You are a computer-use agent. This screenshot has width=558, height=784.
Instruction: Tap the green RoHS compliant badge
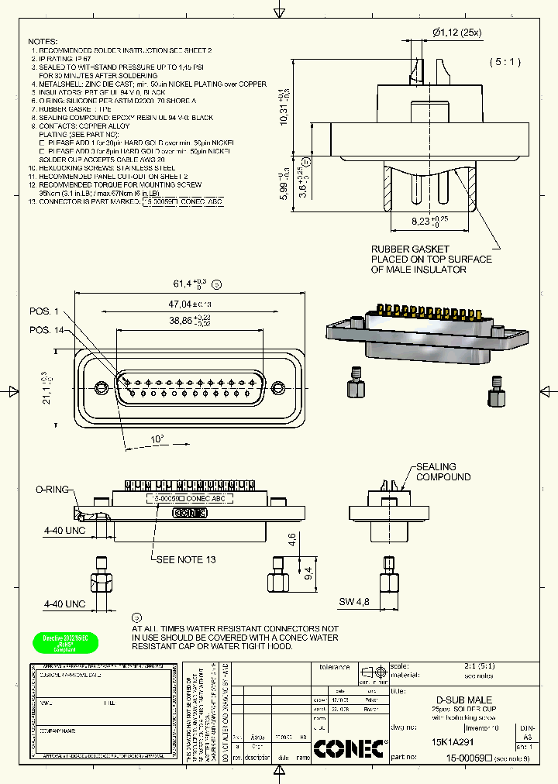(x=65, y=642)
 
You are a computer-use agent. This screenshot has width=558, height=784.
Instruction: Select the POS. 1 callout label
(x=43, y=311)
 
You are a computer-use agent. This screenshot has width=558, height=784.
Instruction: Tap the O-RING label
(x=52, y=490)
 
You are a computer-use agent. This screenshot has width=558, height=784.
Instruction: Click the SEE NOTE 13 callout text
(x=185, y=559)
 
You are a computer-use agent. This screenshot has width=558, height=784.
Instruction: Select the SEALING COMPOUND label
(x=443, y=472)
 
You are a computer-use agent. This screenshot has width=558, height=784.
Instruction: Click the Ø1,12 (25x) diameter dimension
(x=456, y=32)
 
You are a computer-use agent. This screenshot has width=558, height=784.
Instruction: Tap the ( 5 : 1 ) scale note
(x=505, y=61)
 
